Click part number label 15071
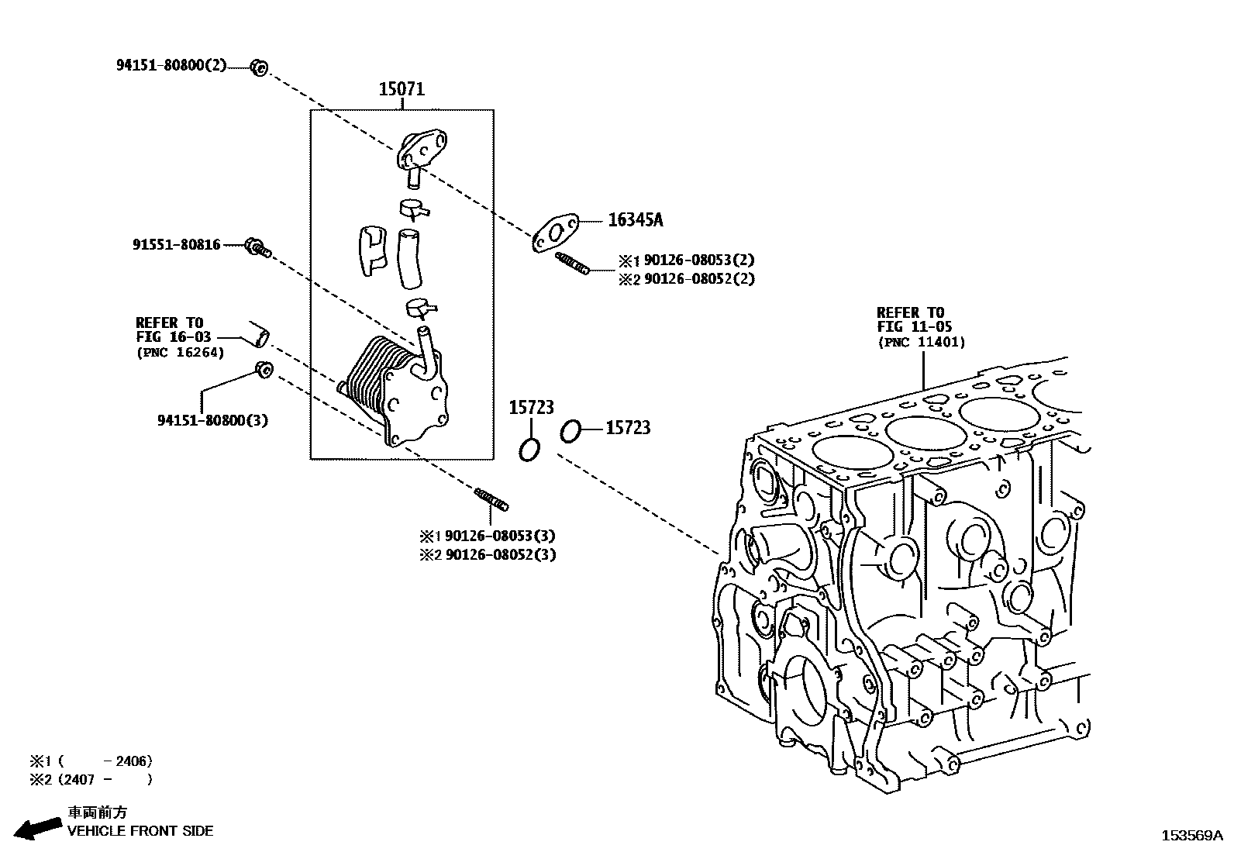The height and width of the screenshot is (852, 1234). coord(402,89)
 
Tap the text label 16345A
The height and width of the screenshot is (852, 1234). coord(635,220)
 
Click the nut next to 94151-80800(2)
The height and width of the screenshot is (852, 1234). coord(259,68)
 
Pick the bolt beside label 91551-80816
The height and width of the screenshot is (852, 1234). coord(256,247)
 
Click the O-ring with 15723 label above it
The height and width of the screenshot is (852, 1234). coord(530,449)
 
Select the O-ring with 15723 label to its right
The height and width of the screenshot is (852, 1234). coord(570,431)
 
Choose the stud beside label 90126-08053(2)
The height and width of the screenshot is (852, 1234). coord(573,264)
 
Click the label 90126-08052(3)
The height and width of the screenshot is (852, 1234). coord(500,554)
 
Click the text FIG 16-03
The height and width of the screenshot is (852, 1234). coord(173,337)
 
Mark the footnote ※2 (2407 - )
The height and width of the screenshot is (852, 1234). coord(91,779)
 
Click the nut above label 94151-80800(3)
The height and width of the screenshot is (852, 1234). coord(263,370)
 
